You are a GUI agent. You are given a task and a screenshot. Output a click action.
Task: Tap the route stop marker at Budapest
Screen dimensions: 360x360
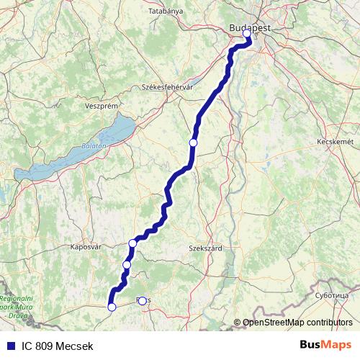click(x=247, y=33)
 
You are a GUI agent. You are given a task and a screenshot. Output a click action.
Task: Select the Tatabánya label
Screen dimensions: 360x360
click(x=167, y=12)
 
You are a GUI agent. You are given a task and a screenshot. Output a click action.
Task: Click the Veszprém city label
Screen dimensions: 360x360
click(x=101, y=105)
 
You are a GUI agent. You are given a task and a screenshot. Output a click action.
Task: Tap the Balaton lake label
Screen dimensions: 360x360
click(x=94, y=145)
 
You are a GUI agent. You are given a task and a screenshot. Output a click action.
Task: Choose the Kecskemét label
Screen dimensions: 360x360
click(x=335, y=142)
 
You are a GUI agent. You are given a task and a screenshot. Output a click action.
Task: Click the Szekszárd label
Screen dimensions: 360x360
click(x=205, y=248)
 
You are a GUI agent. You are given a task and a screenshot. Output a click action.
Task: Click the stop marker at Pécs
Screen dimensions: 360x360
click(x=142, y=301)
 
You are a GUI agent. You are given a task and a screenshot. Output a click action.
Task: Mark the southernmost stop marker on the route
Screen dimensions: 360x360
click(x=112, y=307)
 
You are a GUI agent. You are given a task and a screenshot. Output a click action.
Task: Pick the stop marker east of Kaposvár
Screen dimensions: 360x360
click(x=132, y=243)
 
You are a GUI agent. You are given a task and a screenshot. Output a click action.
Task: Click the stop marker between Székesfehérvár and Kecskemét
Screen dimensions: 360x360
click(x=193, y=143)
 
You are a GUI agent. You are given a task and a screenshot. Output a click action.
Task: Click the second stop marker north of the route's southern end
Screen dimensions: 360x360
click(x=132, y=243)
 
